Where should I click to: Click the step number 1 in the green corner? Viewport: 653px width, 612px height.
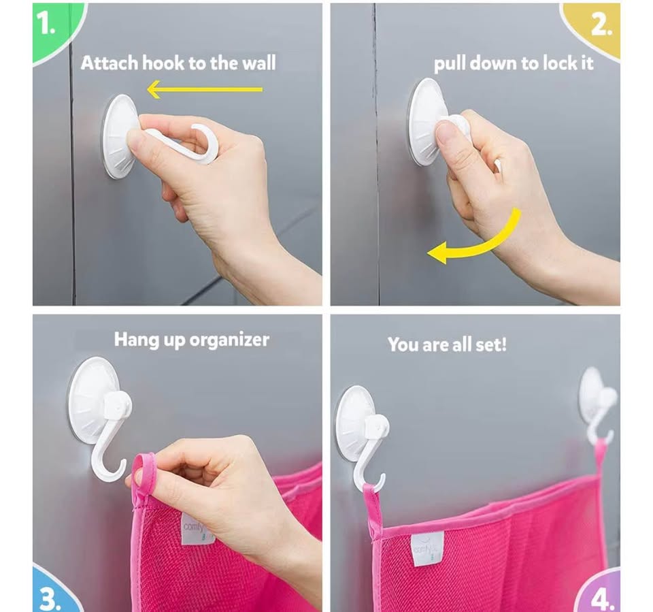pos(46,22)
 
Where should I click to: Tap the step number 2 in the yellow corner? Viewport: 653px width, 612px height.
pos(601,26)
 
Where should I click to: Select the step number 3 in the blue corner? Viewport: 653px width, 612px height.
pos(50,599)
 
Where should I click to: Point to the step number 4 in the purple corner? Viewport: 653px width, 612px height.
pos(603,600)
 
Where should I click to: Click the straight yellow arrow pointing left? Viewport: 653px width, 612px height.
pos(205,89)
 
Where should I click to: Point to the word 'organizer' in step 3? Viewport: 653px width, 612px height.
pos(229,340)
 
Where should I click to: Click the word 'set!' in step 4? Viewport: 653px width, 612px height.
pos(490,344)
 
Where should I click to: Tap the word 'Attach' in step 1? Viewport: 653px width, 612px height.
pos(109,63)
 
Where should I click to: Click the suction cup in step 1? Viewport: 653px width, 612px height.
pos(119,135)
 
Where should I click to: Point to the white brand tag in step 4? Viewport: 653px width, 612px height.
pos(428,548)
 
